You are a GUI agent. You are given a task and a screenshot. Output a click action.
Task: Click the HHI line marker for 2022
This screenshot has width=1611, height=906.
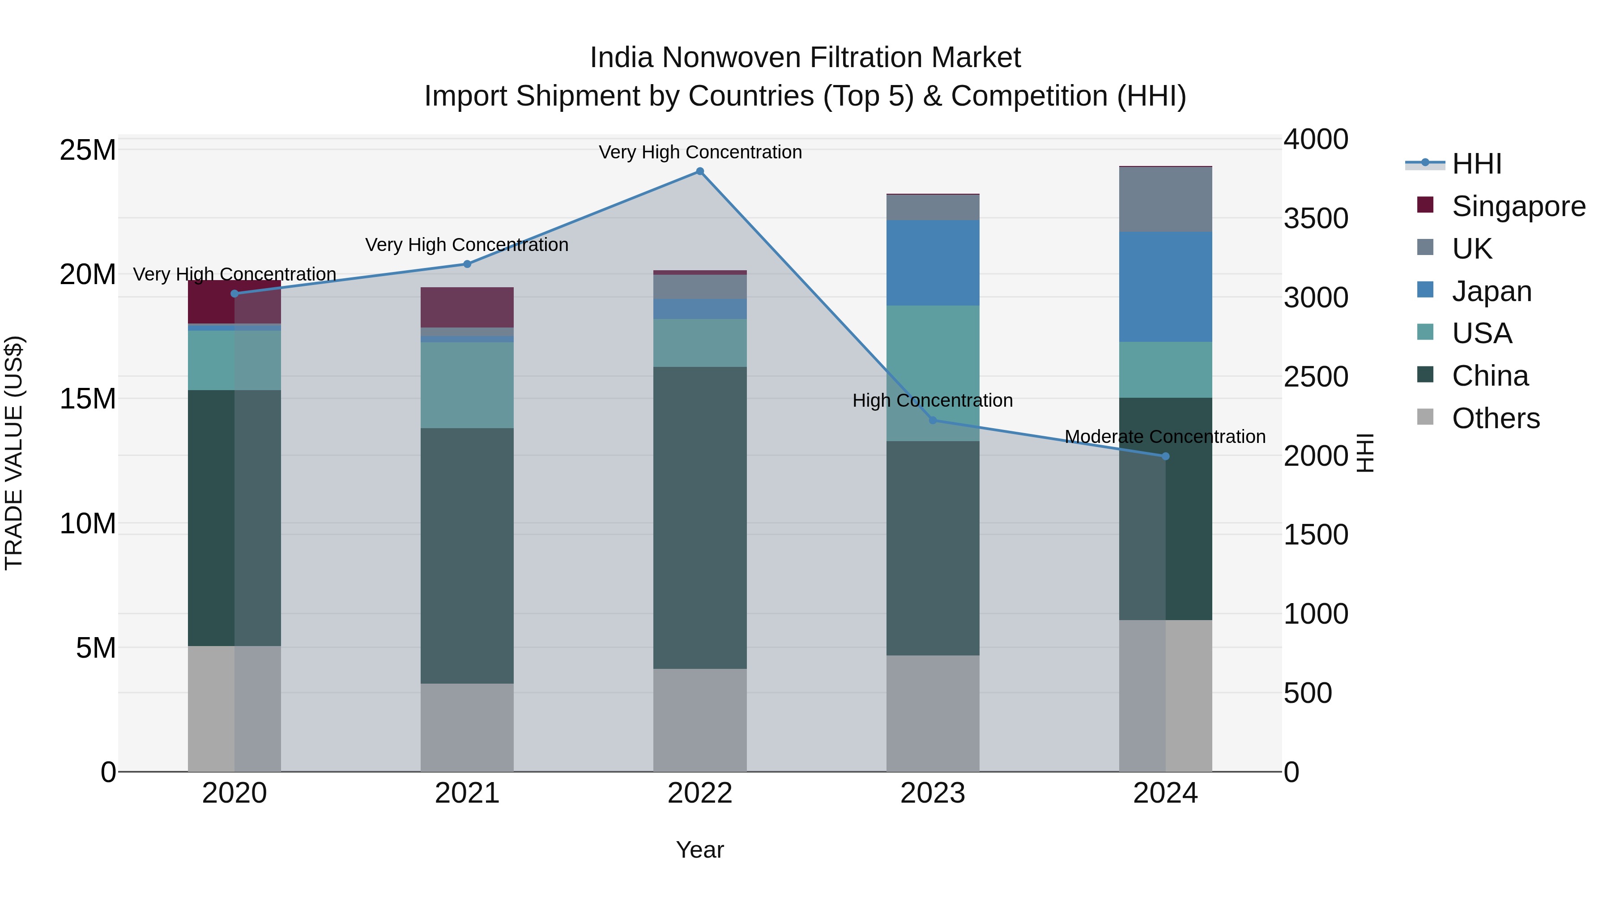(700, 171)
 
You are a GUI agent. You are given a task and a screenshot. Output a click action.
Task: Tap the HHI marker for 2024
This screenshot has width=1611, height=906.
(1165, 456)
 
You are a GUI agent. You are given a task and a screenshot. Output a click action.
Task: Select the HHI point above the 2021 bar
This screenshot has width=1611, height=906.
(467, 264)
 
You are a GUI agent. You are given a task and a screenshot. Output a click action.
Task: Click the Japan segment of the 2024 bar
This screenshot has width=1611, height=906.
(1165, 287)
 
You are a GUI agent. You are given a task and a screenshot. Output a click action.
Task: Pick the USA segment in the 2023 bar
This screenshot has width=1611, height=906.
(933, 373)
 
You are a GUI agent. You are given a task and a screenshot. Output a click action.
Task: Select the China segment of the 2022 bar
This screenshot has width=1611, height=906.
(700, 518)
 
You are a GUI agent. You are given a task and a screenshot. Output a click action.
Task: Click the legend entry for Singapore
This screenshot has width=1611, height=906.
(1518, 206)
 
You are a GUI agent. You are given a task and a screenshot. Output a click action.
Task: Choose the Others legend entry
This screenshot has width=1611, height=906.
(1495, 418)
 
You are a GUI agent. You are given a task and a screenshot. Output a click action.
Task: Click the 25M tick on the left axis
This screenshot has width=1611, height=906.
(88, 150)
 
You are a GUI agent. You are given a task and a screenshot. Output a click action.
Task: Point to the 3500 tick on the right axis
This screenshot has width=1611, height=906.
(1316, 218)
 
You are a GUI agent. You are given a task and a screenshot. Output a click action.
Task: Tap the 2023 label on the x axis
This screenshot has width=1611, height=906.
(933, 793)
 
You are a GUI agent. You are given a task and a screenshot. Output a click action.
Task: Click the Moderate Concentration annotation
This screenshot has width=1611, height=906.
(1165, 436)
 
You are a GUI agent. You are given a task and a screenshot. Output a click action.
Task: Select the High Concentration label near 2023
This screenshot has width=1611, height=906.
(933, 400)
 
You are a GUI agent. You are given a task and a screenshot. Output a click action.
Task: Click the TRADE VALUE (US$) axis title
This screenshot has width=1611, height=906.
(14, 453)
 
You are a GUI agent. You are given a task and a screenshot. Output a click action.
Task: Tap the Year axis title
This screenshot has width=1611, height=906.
(700, 850)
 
